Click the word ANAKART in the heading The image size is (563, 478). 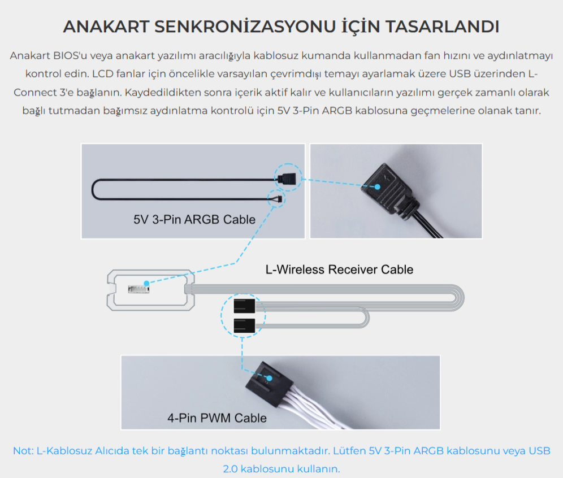click(106, 27)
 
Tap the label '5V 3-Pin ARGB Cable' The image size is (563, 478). click(194, 219)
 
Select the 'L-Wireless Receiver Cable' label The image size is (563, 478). click(339, 270)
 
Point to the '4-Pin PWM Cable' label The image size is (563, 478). click(217, 418)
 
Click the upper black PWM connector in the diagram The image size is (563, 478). click(245, 306)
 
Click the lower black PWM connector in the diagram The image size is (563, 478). click(245, 326)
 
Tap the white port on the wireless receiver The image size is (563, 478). click(138, 289)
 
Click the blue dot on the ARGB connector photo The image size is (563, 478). click(378, 187)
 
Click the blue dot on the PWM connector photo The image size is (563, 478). click(269, 378)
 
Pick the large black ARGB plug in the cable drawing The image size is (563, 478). click(287, 178)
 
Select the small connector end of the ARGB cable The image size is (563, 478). click(279, 199)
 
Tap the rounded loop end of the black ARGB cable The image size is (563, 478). click(94, 189)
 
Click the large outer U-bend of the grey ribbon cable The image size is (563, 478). click(461, 298)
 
